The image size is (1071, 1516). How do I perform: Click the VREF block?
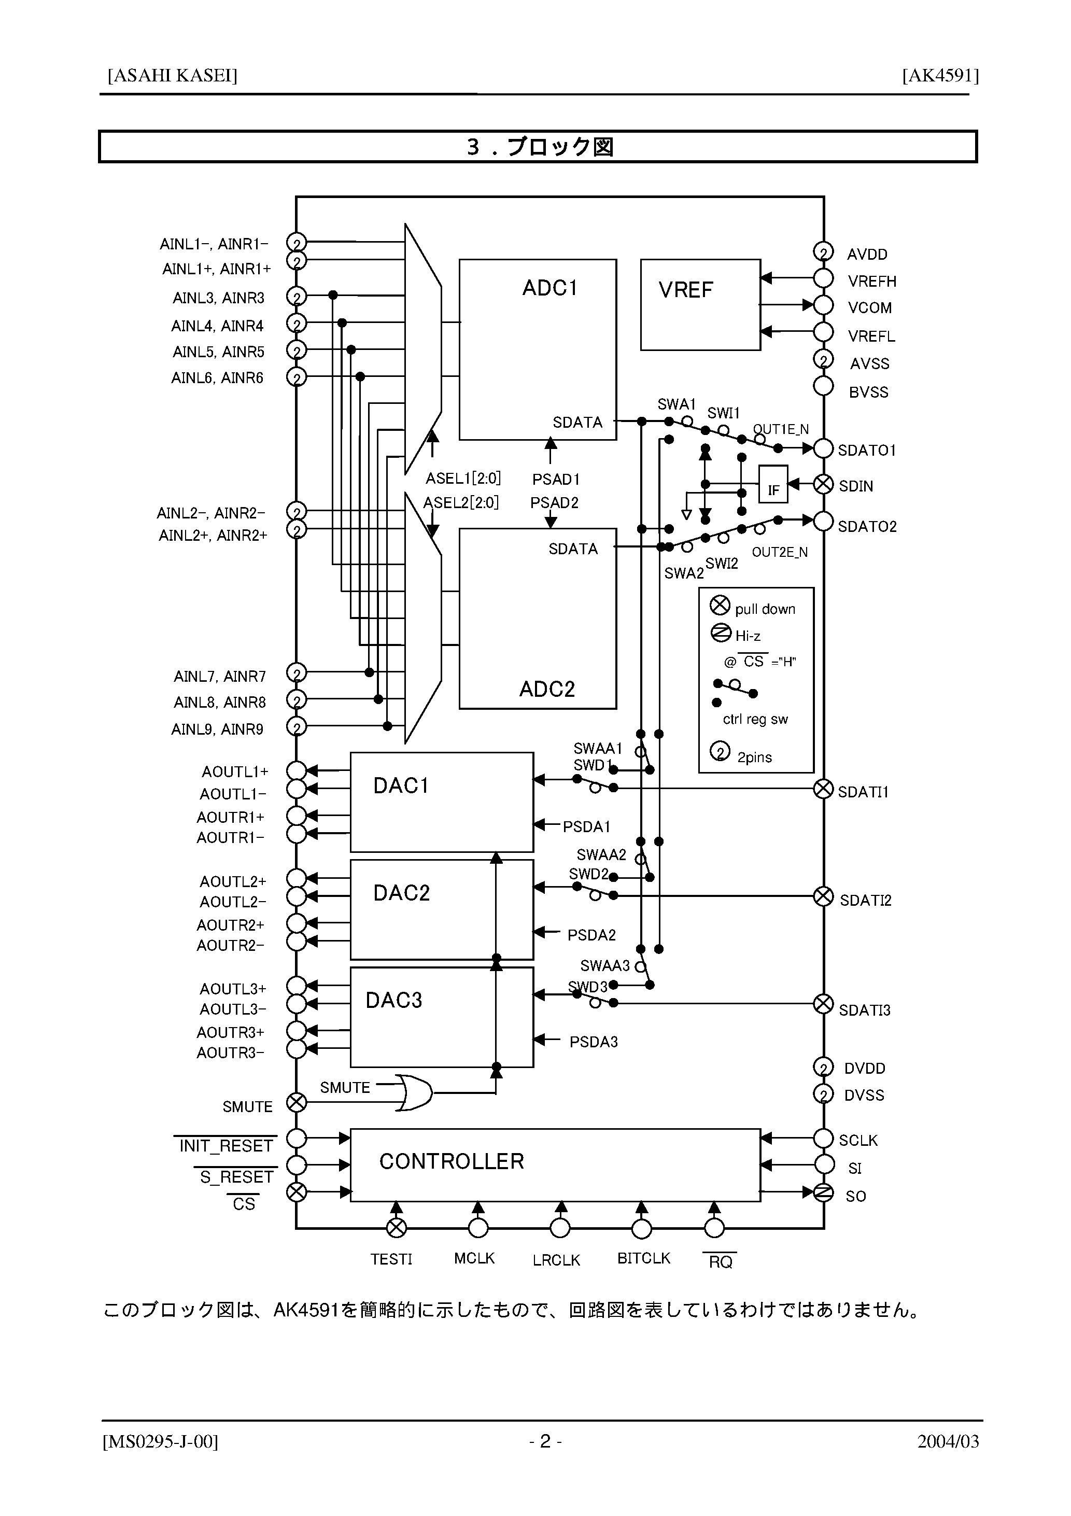click(x=700, y=304)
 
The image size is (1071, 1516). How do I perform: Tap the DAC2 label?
click(x=401, y=893)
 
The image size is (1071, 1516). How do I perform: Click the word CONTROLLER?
click(x=452, y=1161)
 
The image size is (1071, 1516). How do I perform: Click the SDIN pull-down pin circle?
click(x=823, y=485)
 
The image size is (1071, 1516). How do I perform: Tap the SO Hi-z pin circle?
click(x=823, y=1192)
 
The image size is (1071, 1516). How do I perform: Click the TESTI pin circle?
click(x=396, y=1228)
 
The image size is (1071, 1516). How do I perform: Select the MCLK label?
click(x=474, y=1258)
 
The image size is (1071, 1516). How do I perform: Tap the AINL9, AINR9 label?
click(x=217, y=729)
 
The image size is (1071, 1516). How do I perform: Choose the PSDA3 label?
click(x=594, y=1042)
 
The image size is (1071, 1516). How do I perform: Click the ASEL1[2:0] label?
click(x=463, y=478)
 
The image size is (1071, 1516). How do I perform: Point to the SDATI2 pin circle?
click(x=823, y=896)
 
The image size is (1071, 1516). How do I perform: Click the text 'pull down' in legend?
click(x=765, y=609)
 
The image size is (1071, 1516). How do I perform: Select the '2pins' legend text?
click(x=754, y=757)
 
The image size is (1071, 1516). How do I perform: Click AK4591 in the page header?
click(x=940, y=76)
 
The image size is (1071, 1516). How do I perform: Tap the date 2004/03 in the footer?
click(x=948, y=1441)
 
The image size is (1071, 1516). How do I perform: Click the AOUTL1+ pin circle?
click(x=297, y=770)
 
